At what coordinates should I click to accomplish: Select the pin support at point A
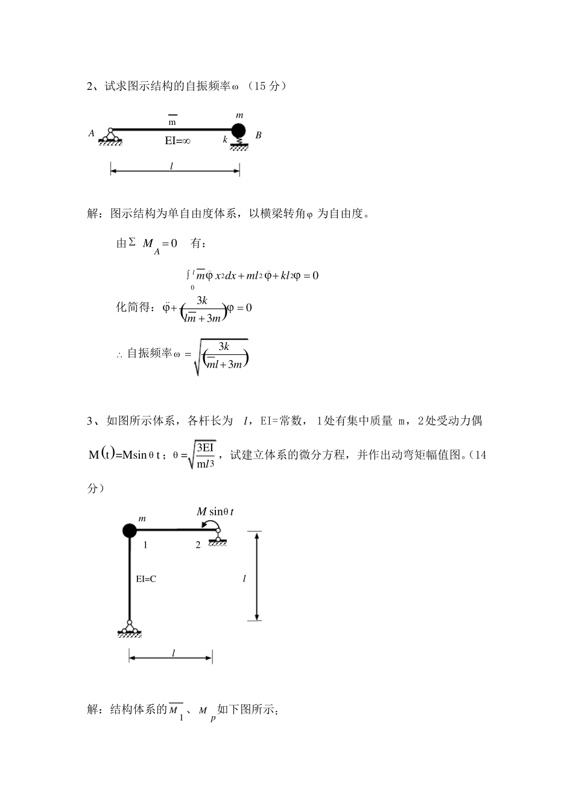(110, 136)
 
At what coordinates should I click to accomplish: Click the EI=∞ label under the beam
(177, 141)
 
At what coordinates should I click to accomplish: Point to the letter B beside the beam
(258, 135)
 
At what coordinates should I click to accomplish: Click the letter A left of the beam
(92, 133)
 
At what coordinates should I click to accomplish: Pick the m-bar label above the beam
(172, 121)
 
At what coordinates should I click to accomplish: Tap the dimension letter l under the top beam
(172, 165)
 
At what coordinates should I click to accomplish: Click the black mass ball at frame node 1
(129, 530)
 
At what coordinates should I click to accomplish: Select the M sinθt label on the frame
(215, 512)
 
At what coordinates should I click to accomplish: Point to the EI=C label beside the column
(146, 579)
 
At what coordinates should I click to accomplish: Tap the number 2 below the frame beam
(198, 545)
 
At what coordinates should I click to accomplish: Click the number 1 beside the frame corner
(145, 545)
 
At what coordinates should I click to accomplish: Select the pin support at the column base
(129, 628)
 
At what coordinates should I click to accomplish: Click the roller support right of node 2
(217, 537)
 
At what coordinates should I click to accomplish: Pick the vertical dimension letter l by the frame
(244, 579)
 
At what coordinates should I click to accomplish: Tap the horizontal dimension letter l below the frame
(174, 653)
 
